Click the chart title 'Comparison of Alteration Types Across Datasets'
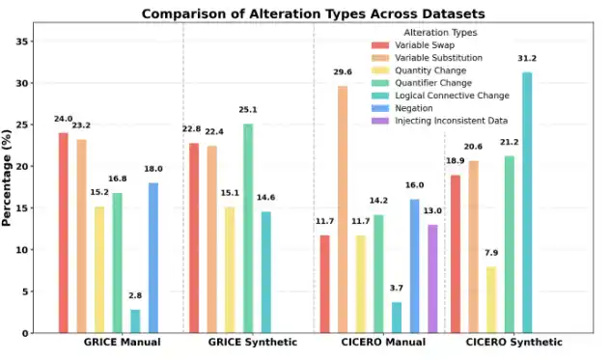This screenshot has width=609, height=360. [x=314, y=14]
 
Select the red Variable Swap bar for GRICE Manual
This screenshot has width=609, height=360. [x=64, y=233]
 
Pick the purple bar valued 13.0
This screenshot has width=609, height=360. [x=432, y=279]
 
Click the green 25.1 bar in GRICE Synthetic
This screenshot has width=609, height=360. [x=248, y=228]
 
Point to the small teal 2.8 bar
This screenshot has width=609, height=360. [x=135, y=320]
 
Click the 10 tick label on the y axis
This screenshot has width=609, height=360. [x=25, y=250]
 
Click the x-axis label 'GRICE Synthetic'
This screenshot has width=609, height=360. [x=253, y=343]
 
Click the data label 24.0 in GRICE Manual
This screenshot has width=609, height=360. [x=64, y=120]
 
